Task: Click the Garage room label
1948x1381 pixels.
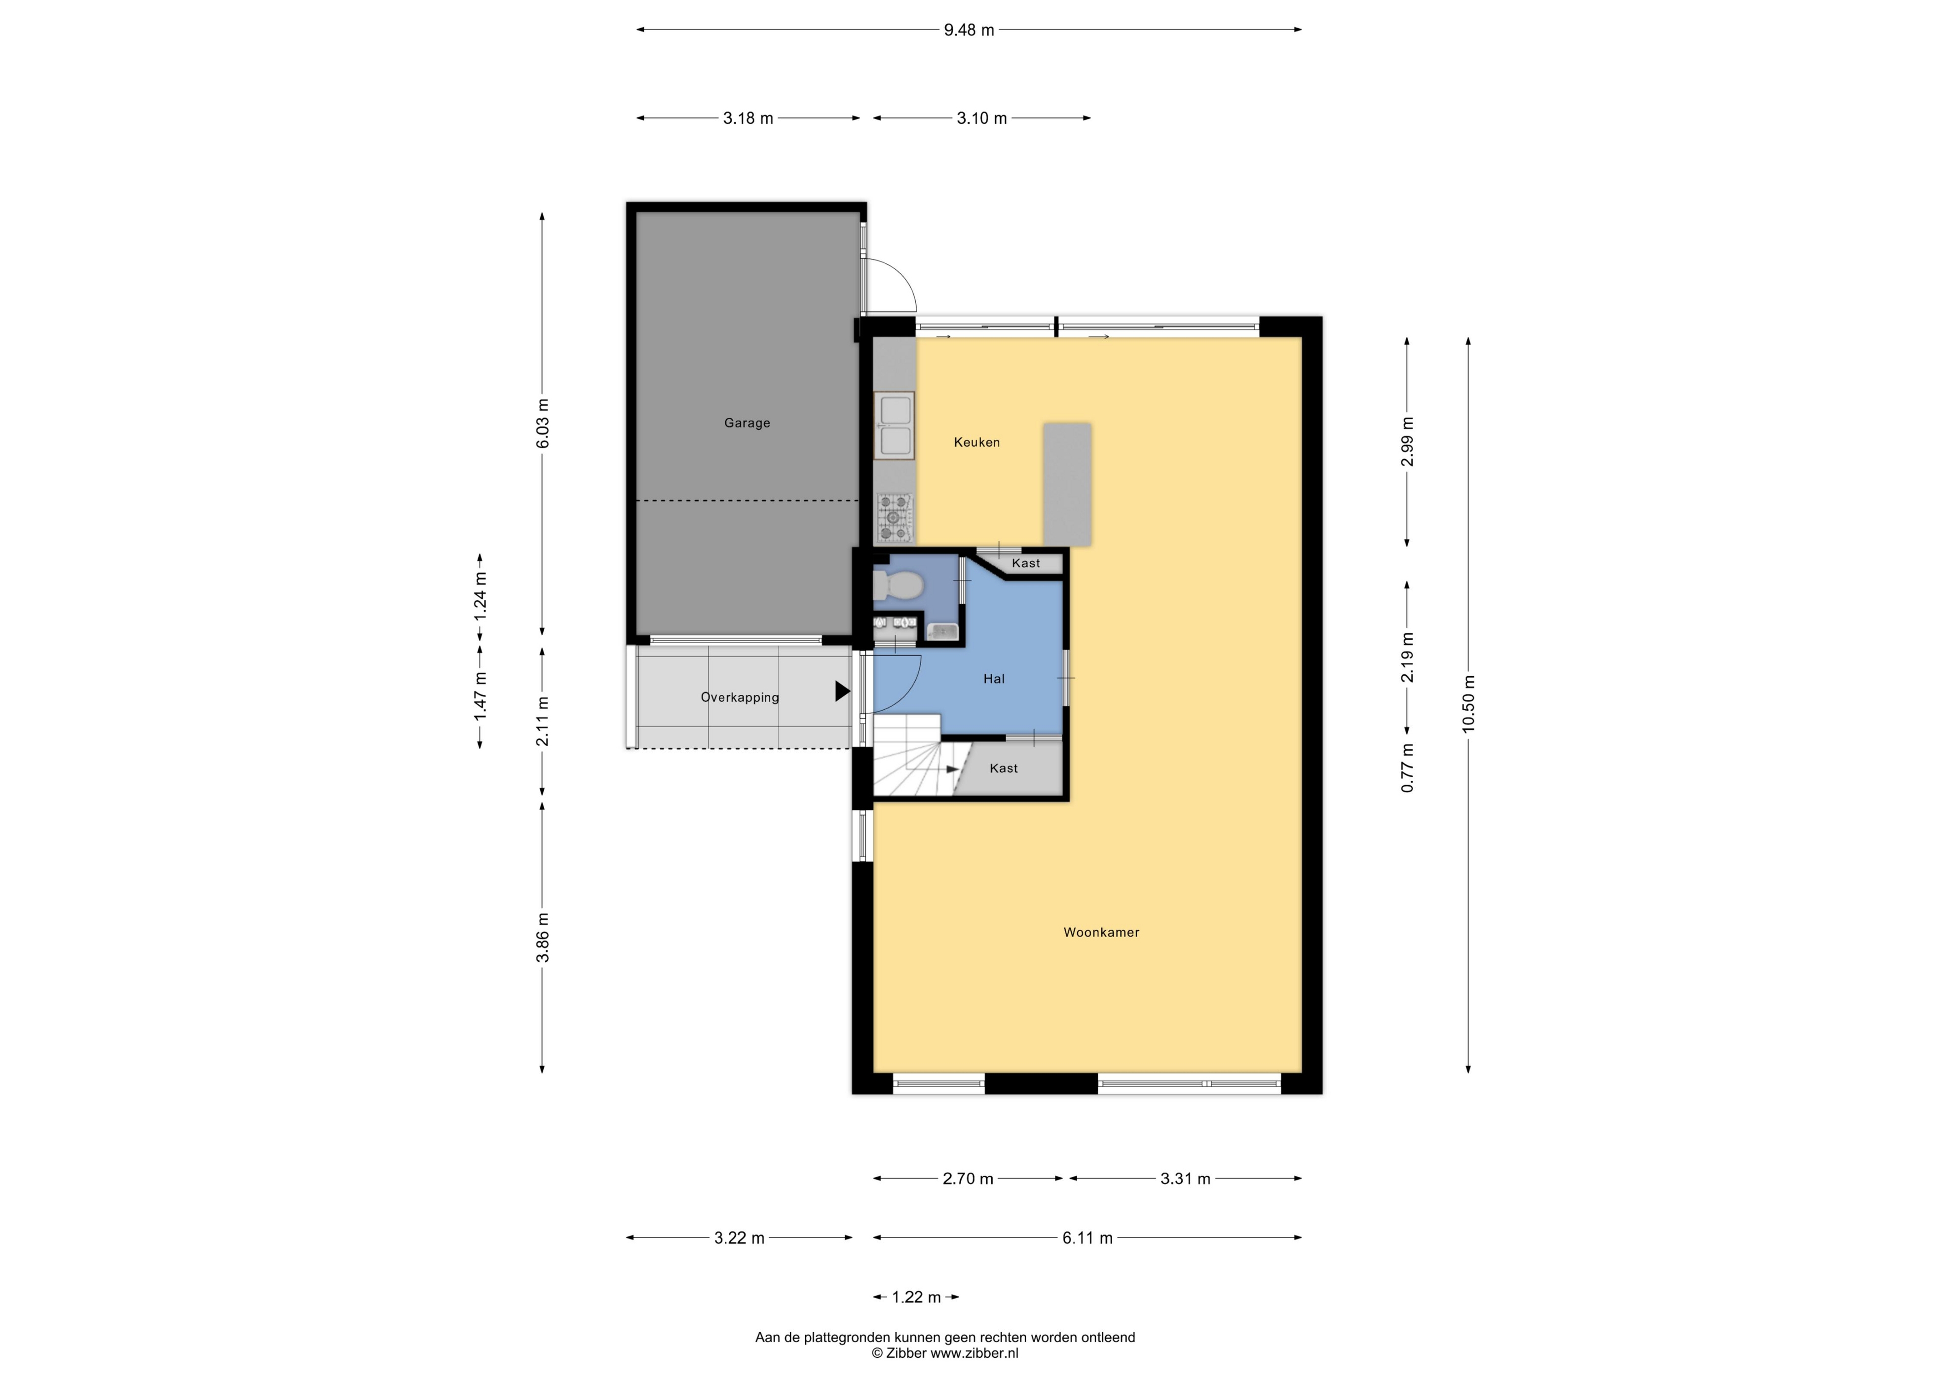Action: (747, 423)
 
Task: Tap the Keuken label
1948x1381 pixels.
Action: (976, 442)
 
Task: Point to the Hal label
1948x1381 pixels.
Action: (994, 679)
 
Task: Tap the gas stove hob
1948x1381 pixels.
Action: (894, 518)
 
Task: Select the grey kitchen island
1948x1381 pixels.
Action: (1068, 484)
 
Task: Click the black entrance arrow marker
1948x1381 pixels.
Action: (842, 691)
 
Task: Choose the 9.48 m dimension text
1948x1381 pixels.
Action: (969, 30)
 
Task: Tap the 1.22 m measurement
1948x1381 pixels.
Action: (916, 1297)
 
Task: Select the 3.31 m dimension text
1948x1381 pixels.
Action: (1185, 1179)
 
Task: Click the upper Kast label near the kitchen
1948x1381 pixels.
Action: (1026, 563)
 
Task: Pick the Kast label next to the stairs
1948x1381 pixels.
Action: (1004, 768)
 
